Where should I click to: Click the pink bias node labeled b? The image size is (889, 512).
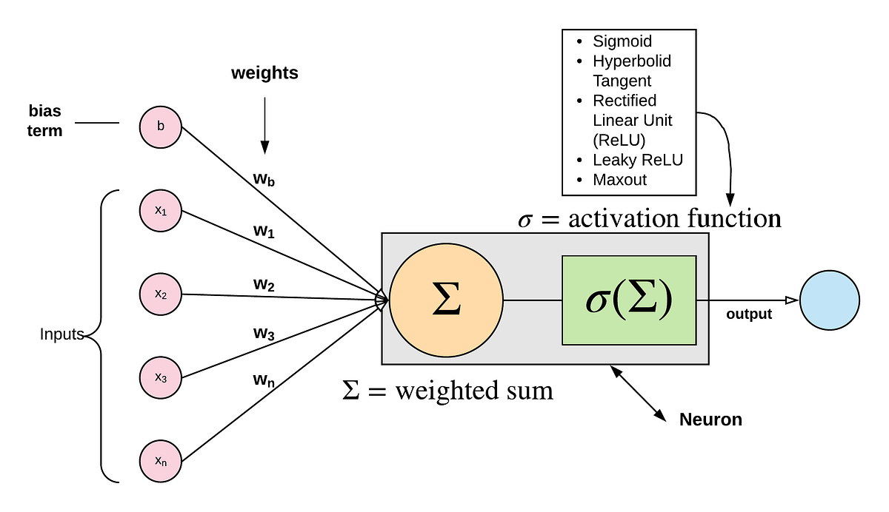(161, 127)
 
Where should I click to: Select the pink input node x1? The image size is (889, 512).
(161, 211)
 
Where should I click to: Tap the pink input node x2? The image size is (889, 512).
(161, 294)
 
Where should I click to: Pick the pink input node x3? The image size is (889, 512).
(161, 378)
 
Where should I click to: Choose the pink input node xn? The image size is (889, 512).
(161, 462)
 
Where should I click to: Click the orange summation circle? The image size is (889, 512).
(446, 300)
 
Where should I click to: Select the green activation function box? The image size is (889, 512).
(629, 300)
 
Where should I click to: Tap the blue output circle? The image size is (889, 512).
(830, 300)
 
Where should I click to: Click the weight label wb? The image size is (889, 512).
(264, 180)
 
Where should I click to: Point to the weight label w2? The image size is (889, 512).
(264, 283)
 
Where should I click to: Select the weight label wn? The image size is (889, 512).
(264, 380)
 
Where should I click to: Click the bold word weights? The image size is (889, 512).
(264, 73)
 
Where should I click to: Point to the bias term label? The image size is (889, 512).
(45, 121)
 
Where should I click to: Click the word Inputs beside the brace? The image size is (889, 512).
(62, 334)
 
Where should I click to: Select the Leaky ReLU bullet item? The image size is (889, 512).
(637, 160)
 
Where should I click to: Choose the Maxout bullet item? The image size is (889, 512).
(619, 180)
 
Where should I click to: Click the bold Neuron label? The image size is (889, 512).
(710, 420)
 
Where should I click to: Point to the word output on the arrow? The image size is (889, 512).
(749, 314)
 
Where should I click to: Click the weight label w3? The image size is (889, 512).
(264, 334)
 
